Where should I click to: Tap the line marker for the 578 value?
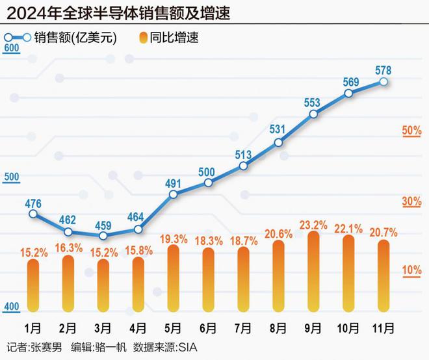(383, 82)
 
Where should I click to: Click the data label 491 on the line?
(173, 193)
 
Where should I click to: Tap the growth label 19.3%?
(173, 238)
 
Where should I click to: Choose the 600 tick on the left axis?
(11, 48)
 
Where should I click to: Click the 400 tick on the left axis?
(11, 307)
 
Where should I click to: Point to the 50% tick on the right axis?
(412, 131)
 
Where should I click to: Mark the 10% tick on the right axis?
(412, 270)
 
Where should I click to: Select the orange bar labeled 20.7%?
(383, 276)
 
